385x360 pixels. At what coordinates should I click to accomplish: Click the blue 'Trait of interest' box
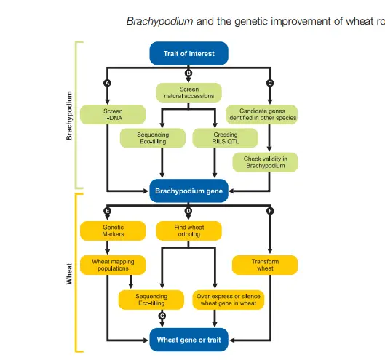click(x=188, y=53)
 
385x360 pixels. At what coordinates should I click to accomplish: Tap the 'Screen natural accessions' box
click(x=188, y=92)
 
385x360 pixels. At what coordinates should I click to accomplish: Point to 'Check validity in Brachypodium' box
click(x=265, y=162)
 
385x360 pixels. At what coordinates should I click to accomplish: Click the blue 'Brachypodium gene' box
click(x=188, y=192)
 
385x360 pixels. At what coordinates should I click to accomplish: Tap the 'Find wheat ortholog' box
click(x=188, y=231)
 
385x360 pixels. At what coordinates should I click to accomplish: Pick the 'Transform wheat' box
click(x=265, y=265)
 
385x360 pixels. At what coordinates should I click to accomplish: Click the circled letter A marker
click(x=108, y=84)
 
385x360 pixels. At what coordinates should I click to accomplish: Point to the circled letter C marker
click(x=271, y=84)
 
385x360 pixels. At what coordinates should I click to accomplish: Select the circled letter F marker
click(x=271, y=211)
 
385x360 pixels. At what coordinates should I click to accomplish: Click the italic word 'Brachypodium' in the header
click(x=159, y=21)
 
